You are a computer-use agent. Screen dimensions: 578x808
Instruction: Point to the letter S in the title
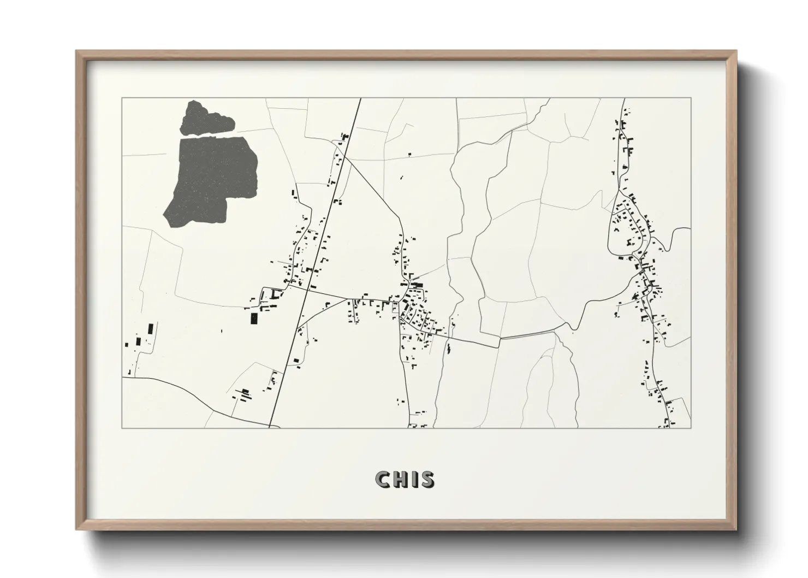[427, 479]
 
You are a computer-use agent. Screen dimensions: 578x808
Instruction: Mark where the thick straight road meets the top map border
[360, 98]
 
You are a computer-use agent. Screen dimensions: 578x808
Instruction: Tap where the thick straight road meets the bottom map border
[270, 428]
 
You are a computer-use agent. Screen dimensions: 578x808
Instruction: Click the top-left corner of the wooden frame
[76, 51]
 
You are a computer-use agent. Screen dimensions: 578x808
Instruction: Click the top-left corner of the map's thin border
[122, 98]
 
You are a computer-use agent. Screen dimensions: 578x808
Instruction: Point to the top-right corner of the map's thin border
[691, 98]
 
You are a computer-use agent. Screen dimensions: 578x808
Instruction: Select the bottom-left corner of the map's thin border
[122, 428]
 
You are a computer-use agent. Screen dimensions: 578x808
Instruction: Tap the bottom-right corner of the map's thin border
[691, 428]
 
